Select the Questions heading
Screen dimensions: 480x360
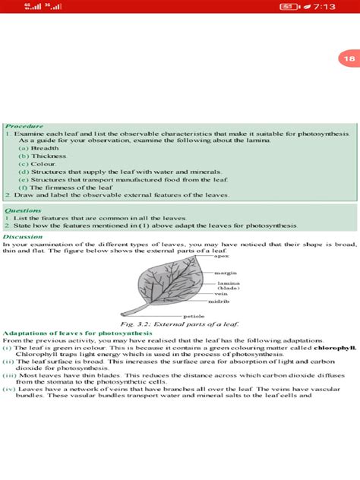pyautogui.click(x=24, y=210)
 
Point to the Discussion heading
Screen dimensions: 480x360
pyautogui.click(x=25, y=235)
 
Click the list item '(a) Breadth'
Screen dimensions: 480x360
pyautogui.click(x=38, y=148)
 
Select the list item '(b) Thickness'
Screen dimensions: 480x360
pyautogui.click(x=41, y=156)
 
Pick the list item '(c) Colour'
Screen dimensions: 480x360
pyautogui.click(x=38, y=164)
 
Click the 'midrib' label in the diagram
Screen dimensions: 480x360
pyautogui.click(x=219, y=302)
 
